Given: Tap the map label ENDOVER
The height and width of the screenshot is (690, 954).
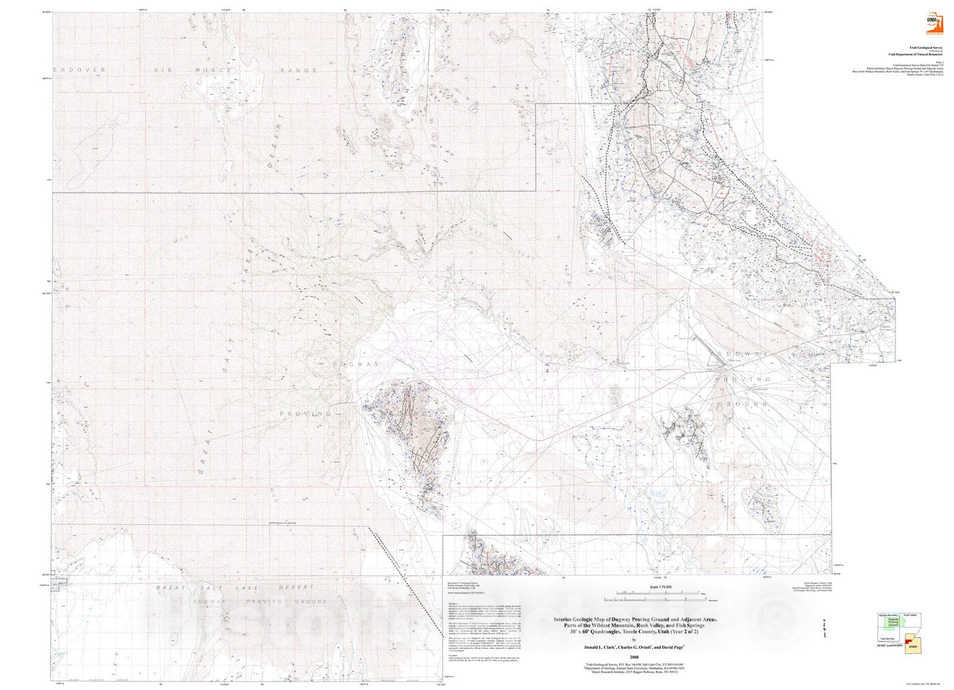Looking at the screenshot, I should point(79,70).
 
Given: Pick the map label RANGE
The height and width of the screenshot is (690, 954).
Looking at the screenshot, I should point(299,70).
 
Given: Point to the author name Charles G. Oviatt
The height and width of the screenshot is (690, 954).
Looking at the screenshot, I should point(637,647).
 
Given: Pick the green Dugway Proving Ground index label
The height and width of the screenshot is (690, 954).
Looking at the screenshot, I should point(893,623).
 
